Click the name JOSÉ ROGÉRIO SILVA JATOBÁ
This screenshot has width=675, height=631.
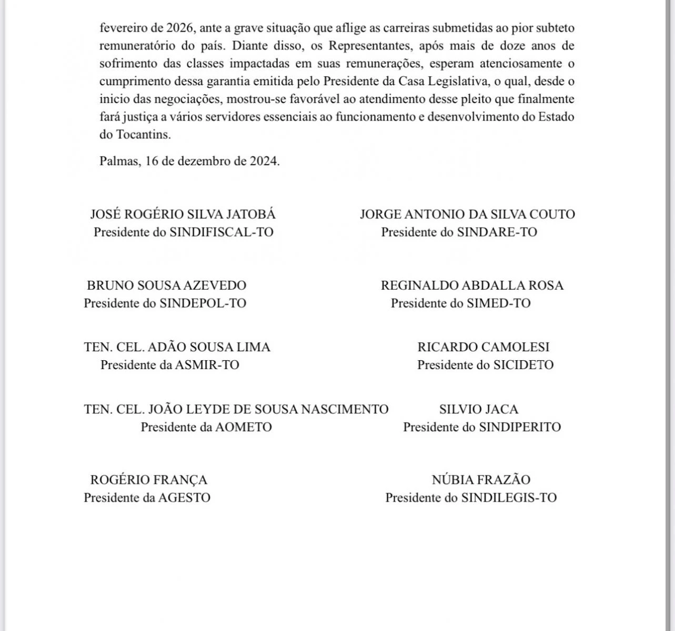click(x=183, y=215)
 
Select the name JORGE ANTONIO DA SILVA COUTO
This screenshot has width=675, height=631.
click(x=467, y=215)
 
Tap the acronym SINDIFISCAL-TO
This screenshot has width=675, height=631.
click(x=221, y=232)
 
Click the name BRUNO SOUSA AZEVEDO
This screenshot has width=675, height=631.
click(x=166, y=286)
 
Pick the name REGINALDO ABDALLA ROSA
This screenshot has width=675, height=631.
click(x=472, y=286)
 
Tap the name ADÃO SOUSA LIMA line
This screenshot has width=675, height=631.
click(x=177, y=347)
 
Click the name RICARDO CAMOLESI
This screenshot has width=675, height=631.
click(x=483, y=347)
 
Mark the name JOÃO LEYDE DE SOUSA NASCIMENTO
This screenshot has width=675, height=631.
click(x=236, y=409)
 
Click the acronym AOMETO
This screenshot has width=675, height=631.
click(x=244, y=427)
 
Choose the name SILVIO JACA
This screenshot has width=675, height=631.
click(x=479, y=409)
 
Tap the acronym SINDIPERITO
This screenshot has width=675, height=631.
click(x=520, y=427)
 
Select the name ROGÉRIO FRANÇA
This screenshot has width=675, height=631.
click(x=149, y=480)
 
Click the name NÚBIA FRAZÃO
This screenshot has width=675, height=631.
click(x=481, y=480)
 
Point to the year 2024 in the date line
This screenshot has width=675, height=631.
click(x=263, y=161)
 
